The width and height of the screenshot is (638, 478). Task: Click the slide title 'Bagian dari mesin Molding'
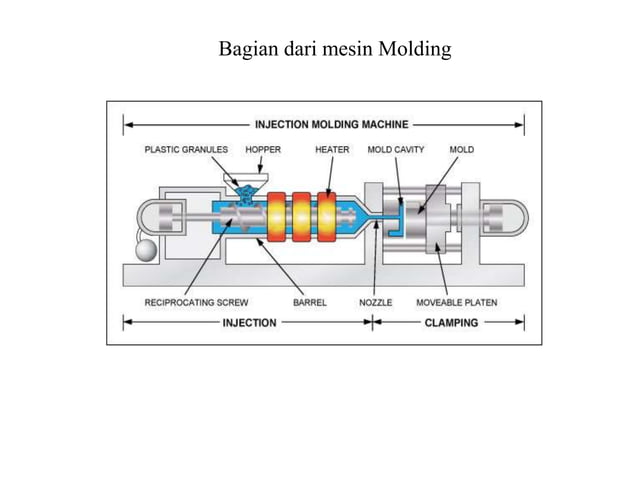point(334,47)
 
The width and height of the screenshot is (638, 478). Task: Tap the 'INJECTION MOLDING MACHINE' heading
point(331,125)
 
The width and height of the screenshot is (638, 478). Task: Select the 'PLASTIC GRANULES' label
point(186,150)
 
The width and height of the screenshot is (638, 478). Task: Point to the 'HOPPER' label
point(263,150)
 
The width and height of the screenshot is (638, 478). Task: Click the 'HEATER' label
point(332,150)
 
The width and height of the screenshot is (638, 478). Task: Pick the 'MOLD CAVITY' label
point(396,150)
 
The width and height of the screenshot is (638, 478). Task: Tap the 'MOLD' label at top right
point(462,150)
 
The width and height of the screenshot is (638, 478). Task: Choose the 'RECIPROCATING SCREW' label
point(196,301)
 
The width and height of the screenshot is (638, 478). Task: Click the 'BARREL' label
point(310,301)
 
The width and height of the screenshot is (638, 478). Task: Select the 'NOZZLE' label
point(375,301)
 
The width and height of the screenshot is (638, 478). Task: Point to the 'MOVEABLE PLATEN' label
point(457,301)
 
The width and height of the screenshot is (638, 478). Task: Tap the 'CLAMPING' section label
point(451,322)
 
